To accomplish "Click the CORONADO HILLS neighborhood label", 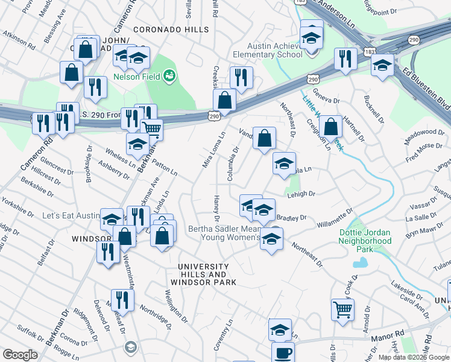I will [x=171, y=30].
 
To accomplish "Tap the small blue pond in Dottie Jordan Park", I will [x=361, y=262].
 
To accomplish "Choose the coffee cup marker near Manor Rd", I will [x=283, y=352].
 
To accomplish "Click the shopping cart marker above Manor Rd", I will [x=342, y=310].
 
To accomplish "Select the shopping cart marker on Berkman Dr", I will [x=151, y=129].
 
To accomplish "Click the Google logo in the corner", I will [x=20, y=355].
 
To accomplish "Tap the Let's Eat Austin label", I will [x=71, y=215].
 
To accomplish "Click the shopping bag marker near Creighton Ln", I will [x=331, y=127].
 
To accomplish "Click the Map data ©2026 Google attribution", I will [x=413, y=357].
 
